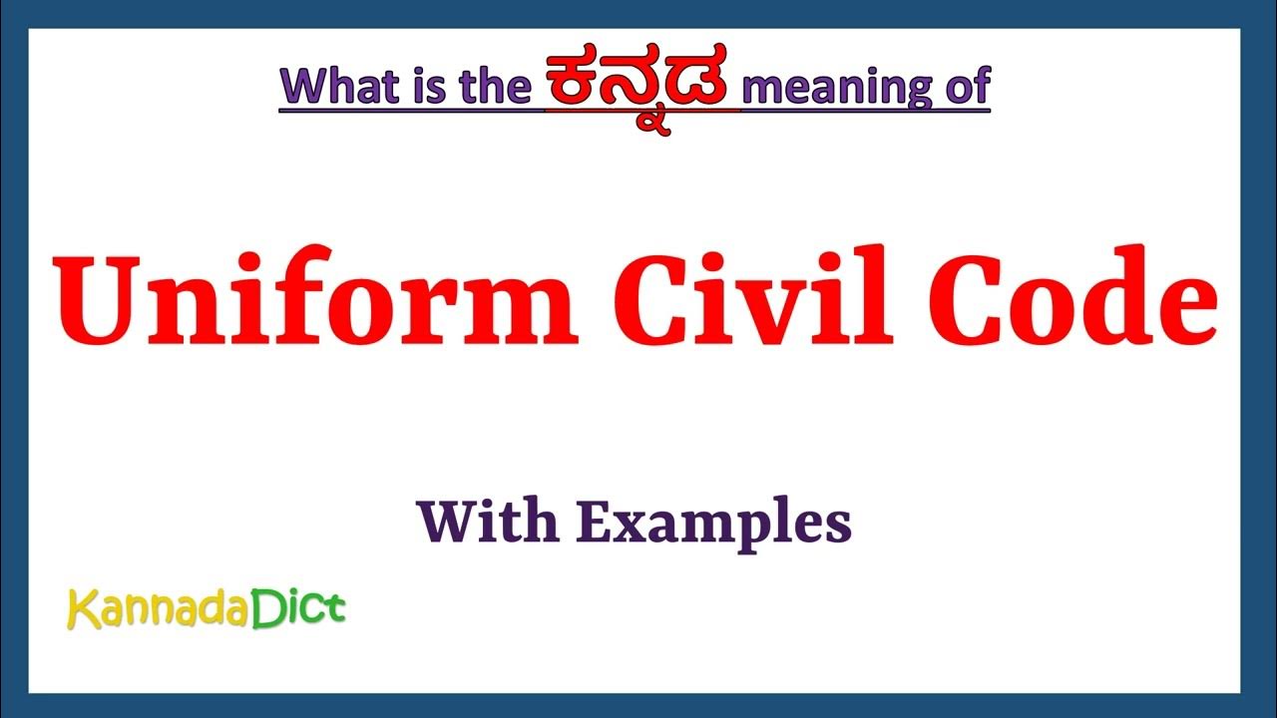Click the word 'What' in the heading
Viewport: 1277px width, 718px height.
pyautogui.click(x=340, y=86)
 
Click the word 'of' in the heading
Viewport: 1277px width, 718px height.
pyautogui.click(x=965, y=86)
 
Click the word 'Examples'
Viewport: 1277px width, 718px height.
pyautogui.click(x=714, y=524)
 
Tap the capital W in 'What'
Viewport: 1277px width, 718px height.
pyautogui.click(x=303, y=86)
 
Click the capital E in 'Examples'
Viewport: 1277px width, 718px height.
pyautogui.click(x=595, y=522)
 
